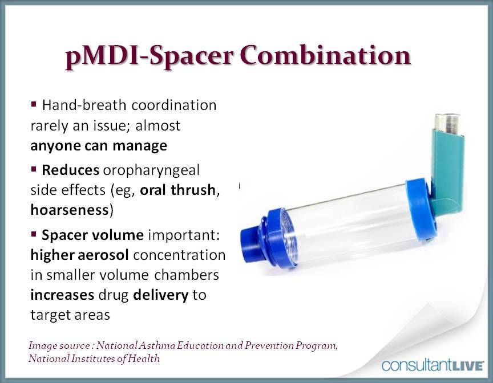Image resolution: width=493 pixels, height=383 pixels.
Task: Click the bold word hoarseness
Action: point(69,209)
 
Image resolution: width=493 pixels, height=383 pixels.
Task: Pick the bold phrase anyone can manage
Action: point(99,145)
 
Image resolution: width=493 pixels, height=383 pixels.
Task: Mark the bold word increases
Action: point(62,295)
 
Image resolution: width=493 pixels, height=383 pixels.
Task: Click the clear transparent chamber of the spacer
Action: point(348,219)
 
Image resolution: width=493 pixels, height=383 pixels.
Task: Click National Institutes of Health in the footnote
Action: point(94,358)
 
